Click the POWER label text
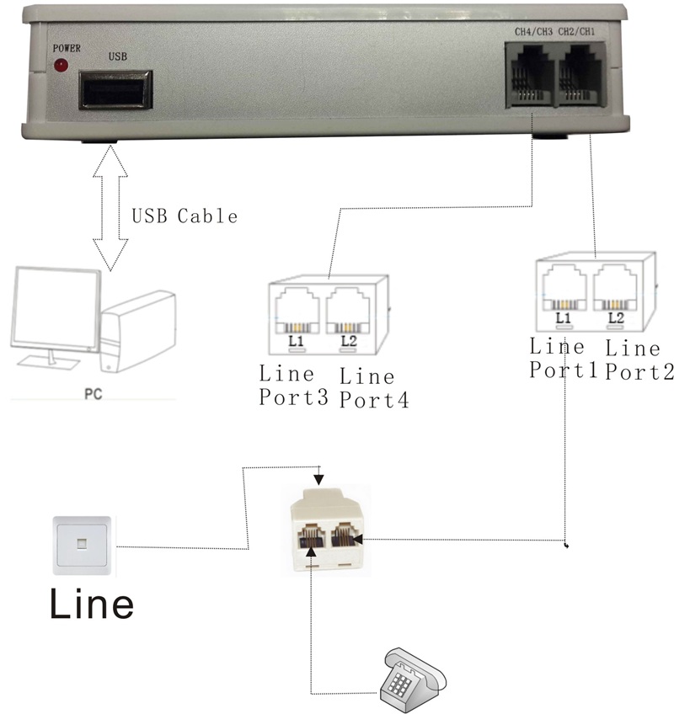click(x=67, y=48)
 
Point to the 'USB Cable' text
click(x=185, y=216)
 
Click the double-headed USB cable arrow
click(x=110, y=206)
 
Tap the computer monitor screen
click(x=51, y=307)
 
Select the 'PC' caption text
click(x=93, y=392)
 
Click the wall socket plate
click(x=81, y=545)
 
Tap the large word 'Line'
click(x=91, y=603)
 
